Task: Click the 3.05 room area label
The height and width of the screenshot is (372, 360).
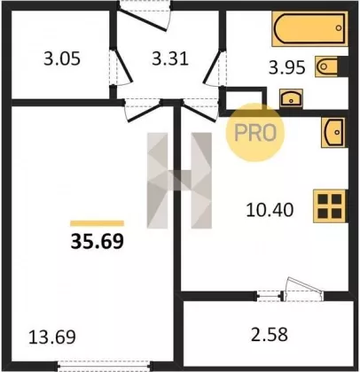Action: tap(62, 58)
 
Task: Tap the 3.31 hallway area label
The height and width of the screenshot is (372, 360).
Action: tap(170, 58)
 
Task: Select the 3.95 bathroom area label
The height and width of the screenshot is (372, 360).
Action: tap(286, 67)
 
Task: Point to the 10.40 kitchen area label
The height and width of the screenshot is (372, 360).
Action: tap(270, 210)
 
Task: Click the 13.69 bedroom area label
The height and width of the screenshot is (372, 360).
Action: tap(52, 337)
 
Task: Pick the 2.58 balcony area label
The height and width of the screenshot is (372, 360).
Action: tap(270, 335)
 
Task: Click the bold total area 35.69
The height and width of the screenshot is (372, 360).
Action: tap(97, 241)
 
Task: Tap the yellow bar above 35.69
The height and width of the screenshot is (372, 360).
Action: tap(97, 223)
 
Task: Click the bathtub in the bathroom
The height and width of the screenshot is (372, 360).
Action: tap(309, 28)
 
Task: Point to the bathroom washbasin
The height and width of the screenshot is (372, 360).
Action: tap(291, 98)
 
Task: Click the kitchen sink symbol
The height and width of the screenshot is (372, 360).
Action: tap(333, 132)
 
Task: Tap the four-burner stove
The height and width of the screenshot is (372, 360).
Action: tap(330, 205)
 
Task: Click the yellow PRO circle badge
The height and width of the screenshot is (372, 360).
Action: tap(254, 132)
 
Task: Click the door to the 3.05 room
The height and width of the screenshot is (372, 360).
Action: tap(122, 67)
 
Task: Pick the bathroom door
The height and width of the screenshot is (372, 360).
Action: tap(214, 67)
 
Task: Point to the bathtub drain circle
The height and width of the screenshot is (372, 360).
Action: tap(339, 28)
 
